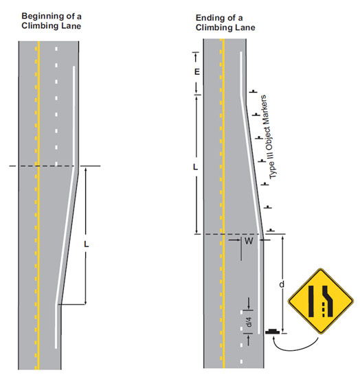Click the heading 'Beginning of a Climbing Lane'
(52, 21)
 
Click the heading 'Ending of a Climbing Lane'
(225, 23)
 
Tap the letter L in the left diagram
(86, 244)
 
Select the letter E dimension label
(196, 72)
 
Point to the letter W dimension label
(249, 241)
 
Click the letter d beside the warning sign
(282, 284)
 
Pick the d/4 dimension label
(248, 322)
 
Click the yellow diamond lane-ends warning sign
(321, 301)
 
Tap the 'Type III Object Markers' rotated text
(269, 137)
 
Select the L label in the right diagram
(196, 167)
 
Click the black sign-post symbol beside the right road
(273, 332)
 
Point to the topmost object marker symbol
(253, 91)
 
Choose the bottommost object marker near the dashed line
(271, 230)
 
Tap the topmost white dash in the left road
(56, 49)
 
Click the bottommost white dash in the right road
(241, 361)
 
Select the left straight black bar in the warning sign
(311, 301)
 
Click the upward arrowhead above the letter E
(196, 56)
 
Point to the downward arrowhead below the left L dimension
(86, 302)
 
